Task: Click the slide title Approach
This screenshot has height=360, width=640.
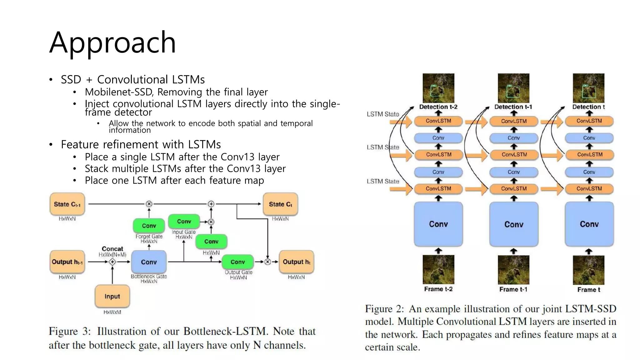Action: [x=112, y=42]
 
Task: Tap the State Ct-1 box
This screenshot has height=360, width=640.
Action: [x=67, y=204]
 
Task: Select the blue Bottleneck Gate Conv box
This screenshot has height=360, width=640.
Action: [x=149, y=262]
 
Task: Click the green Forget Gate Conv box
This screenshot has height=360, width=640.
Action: [x=149, y=226]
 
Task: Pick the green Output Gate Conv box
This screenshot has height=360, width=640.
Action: [x=237, y=262]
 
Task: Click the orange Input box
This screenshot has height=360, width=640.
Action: [x=112, y=296]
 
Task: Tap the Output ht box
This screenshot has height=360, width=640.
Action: [x=296, y=262]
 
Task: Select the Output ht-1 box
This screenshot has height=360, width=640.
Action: [x=67, y=262]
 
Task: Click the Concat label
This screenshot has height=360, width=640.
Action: [x=112, y=249]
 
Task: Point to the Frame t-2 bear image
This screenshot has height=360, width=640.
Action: [x=438, y=269]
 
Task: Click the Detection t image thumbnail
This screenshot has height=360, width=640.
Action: [x=588, y=88]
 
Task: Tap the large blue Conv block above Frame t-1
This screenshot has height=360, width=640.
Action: [x=514, y=224]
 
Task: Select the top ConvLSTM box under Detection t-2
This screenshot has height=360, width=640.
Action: [x=438, y=121]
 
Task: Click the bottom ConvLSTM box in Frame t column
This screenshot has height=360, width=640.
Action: [x=589, y=188]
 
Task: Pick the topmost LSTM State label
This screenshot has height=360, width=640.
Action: [x=383, y=114]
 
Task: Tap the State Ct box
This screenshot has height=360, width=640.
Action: [x=280, y=204]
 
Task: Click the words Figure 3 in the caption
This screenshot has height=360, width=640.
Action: [x=69, y=331]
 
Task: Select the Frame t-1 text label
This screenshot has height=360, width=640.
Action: [x=513, y=289]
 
